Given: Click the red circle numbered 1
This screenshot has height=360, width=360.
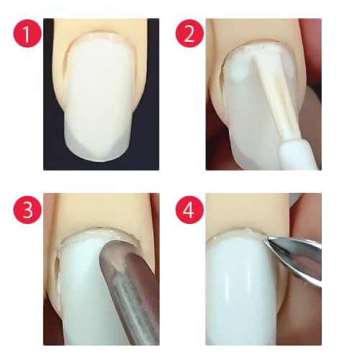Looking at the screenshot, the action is pyautogui.click(x=27, y=33).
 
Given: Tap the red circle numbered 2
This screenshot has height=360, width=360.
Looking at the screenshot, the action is pyautogui.click(x=189, y=33).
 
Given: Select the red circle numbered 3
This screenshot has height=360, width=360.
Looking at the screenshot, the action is pyautogui.click(x=27, y=210).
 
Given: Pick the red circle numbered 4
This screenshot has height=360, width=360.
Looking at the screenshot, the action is pyautogui.click(x=189, y=210).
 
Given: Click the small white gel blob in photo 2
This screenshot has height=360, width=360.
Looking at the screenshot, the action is pyautogui.click(x=238, y=73).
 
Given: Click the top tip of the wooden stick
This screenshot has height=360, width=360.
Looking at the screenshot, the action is pyautogui.click(x=252, y=59).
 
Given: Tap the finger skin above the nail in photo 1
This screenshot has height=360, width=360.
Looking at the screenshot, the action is pyautogui.click(x=99, y=25).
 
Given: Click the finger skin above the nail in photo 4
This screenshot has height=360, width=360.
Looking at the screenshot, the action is pyautogui.click(x=247, y=211).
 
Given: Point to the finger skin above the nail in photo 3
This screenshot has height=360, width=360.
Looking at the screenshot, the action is pyautogui.click(x=101, y=210).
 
